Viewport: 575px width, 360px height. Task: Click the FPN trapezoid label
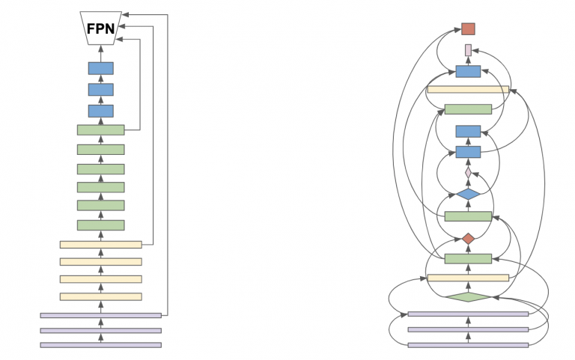point(100,29)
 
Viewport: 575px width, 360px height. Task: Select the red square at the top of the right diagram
point(468,28)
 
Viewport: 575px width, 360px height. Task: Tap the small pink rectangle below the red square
point(468,50)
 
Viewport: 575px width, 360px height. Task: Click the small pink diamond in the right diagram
point(468,173)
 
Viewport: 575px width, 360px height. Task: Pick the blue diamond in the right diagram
point(468,194)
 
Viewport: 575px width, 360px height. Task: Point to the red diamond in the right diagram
point(468,239)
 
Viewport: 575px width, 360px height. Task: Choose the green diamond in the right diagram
point(468,297)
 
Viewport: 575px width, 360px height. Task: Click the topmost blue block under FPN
point(100,68)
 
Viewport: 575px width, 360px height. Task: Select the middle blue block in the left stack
point(100,90)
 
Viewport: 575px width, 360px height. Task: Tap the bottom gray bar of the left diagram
point(100,345)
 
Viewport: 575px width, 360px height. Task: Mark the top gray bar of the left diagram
point(100,315)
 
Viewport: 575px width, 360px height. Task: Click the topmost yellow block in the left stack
point(100,245)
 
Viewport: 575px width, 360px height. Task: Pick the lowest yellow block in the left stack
point(100,297)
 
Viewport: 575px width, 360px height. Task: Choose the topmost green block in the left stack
point(100,130)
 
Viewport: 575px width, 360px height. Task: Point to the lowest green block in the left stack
point(100,225)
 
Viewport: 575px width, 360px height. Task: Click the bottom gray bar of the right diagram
point(468,345)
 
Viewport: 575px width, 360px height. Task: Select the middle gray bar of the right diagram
point(468,329)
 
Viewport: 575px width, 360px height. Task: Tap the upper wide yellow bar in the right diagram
point(468,90)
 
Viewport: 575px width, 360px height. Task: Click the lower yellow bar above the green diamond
point(468,278)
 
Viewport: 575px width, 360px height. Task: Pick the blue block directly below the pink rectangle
point(468,71)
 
